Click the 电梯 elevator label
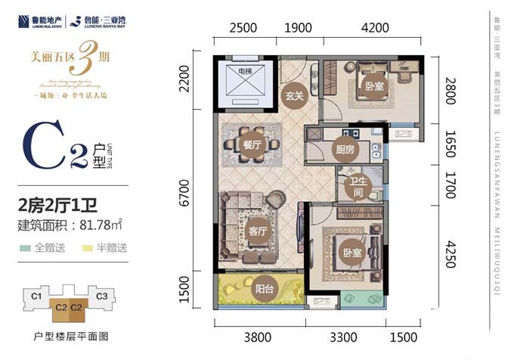coord(245,71)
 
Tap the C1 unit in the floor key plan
coord(36,296)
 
